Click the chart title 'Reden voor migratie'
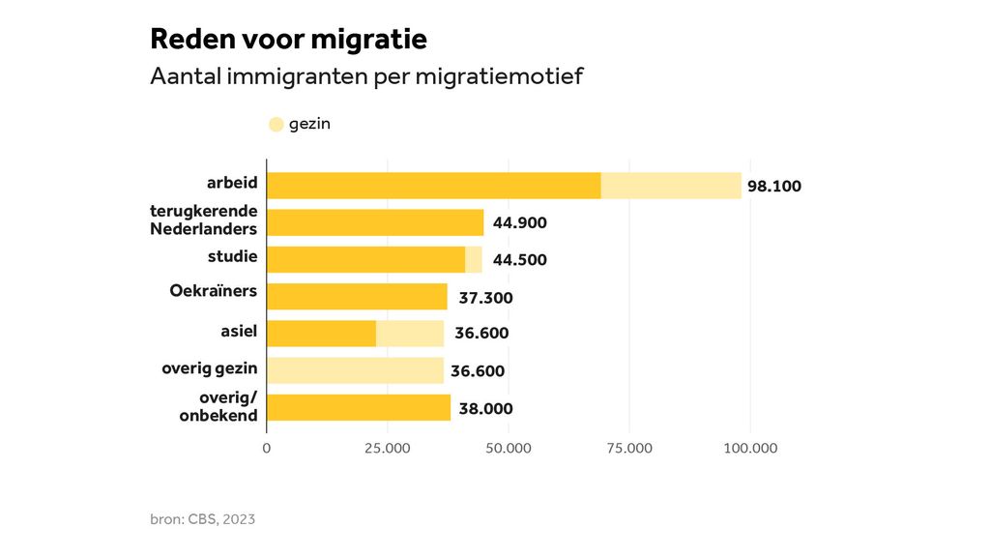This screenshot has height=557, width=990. (x=288, y=40)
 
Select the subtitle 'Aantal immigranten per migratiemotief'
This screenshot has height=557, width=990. (x=366, y=76)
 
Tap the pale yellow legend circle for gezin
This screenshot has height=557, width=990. (x=276, y=124)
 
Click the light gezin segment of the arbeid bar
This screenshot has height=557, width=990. (x=671, y=186)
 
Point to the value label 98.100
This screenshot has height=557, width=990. (x=774, y=187)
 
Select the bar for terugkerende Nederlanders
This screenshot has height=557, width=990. (x=375, y=222)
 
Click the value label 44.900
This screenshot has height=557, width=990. (x=520, y=223)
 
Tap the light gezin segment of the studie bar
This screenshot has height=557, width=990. (x=474, y=259)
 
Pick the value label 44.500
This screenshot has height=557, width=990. (x=518, y=260)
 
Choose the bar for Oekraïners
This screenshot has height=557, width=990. (x=357, y=296)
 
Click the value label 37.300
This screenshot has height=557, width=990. (x=485, y=298)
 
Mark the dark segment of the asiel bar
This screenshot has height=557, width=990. (x=321, y=333)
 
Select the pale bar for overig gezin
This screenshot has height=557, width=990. (x=355, y=370)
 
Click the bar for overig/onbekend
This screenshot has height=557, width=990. (x=359, y=407)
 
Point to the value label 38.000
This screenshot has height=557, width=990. (x=485, y=409)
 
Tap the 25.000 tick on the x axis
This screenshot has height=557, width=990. (x=388, y=448)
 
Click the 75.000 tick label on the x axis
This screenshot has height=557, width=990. (x=629, y=448)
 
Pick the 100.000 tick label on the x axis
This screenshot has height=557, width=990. (x=750, y=448)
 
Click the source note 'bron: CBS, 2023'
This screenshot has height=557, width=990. (x=202, y=519)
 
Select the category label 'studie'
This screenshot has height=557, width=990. (x=232, y=256)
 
